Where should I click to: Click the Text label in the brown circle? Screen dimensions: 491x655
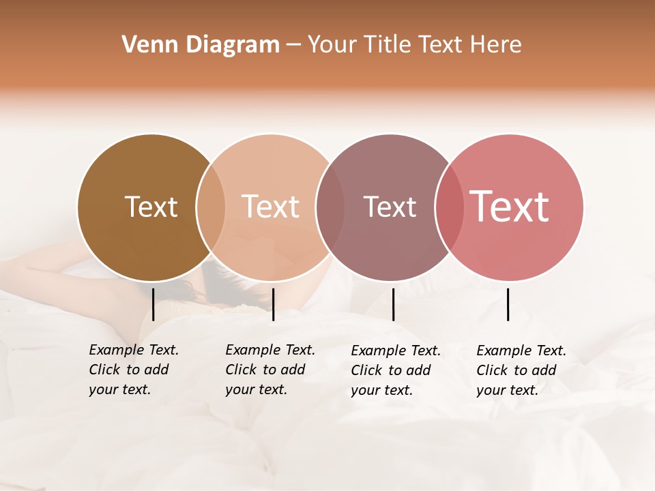(x=151, y=207)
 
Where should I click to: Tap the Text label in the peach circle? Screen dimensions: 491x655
(x=270, y=207)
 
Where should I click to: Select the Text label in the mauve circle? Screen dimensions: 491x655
(x=390, y=207)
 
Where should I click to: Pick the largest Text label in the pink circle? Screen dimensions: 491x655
(x=509, y=207)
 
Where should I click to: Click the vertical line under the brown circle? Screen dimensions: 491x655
(x=153, y=304)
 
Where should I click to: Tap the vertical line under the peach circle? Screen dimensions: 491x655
(x=273, y=304)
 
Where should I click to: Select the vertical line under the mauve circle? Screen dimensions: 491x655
(x=393, y=304)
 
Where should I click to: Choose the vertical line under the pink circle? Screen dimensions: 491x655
(x=508, y=304)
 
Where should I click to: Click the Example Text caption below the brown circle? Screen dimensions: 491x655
(x=133, y=370)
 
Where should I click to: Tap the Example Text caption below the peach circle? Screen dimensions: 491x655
(x=270, y=370)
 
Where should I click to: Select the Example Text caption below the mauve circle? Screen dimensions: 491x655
(x=395, y=370)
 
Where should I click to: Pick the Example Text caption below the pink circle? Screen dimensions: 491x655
(x=521, y=370)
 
